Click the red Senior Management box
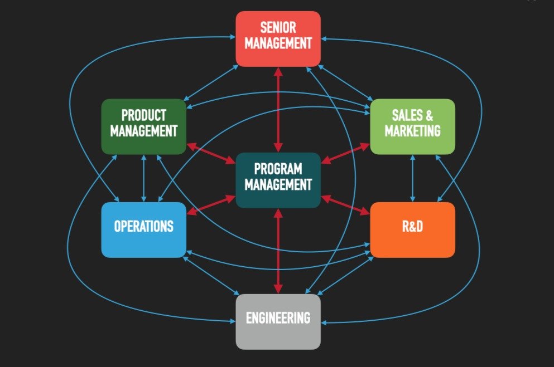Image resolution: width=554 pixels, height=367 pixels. [x=278, y=38]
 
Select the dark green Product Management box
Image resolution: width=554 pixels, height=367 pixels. [x=143, y=126]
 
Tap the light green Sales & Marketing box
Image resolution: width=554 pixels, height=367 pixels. [x=412, y=126]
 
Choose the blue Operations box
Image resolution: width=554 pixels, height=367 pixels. [x=143, y=229]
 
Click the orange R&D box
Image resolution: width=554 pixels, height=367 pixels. [x=412, y=229]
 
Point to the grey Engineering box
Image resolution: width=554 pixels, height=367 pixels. [x=278, y=321]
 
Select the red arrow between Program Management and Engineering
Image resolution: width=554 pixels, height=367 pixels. [x=278, y=251]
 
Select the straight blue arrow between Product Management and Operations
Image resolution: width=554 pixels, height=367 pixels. [x=144, y=178]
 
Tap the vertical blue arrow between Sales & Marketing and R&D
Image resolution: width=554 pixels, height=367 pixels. [x=413, y=178]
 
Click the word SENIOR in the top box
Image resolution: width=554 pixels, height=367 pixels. [x=278, y=27]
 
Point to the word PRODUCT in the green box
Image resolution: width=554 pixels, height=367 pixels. [x=143, y=115]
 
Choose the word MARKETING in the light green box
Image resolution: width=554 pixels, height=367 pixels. [x=412, y=131]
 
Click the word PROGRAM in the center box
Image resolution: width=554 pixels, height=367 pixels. [x=278, y=169]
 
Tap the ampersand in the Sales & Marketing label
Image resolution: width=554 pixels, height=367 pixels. [x=428, y=116]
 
